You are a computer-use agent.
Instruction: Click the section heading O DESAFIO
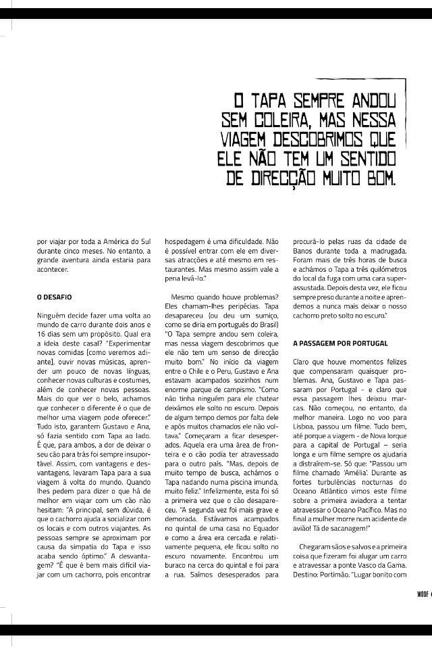55,297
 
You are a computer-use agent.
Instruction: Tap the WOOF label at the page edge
421,594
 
